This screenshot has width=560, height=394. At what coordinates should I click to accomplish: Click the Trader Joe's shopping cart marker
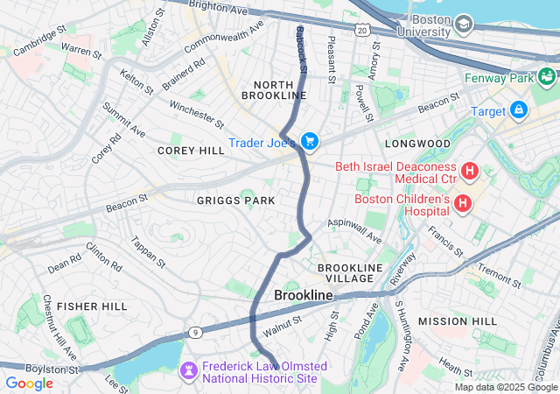pyautogui.click(x=309, y=141)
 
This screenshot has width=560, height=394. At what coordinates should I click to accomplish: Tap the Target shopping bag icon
pyautogui.click(x=519, y=110)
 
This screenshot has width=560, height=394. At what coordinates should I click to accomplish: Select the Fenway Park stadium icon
pyautogui.click(x=548, y=78)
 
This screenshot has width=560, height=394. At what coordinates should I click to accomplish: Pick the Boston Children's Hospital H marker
pyautogui.click(x=462, y=204)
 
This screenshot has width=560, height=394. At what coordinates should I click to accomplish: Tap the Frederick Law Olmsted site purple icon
pyautogui.click(x=188, y=371)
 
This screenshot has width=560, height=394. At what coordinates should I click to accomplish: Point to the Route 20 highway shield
pyautogui.click(x=363, y=31)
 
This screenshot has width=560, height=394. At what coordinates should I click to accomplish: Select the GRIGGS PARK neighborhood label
pyautogui.click(x=235, y=201)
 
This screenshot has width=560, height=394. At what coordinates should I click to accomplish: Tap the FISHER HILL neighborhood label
pyautogui.click(x=94, y=306)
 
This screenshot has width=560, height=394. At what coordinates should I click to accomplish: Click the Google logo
pyautogui.click(x=29, y=383)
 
